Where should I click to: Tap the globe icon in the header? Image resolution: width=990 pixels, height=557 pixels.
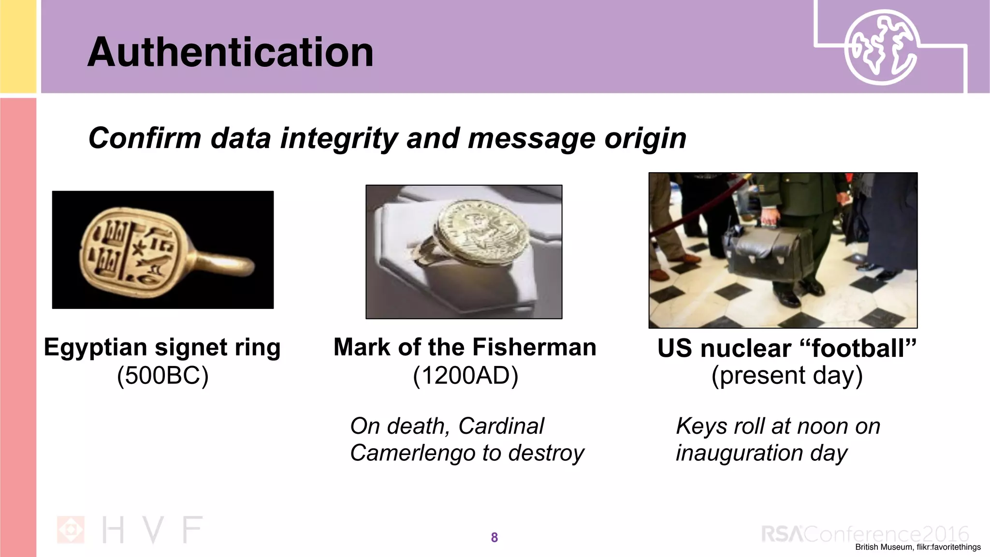coord(881,47)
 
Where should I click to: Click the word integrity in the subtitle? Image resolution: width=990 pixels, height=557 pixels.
coord(340,138)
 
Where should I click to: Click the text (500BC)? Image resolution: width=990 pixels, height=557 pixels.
coord(162,375)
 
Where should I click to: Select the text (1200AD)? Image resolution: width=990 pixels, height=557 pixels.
coord(465,375)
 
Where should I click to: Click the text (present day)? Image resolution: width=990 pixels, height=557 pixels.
coord(786,375)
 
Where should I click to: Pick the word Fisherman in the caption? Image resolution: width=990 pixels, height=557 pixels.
coord(534,347)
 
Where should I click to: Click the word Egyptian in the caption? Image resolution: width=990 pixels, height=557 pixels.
coord(95,347)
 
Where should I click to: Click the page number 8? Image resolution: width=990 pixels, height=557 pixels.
coord(494,537)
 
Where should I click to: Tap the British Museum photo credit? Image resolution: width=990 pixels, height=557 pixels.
coord(917,547)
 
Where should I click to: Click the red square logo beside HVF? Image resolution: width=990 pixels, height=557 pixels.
coord(71,529)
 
